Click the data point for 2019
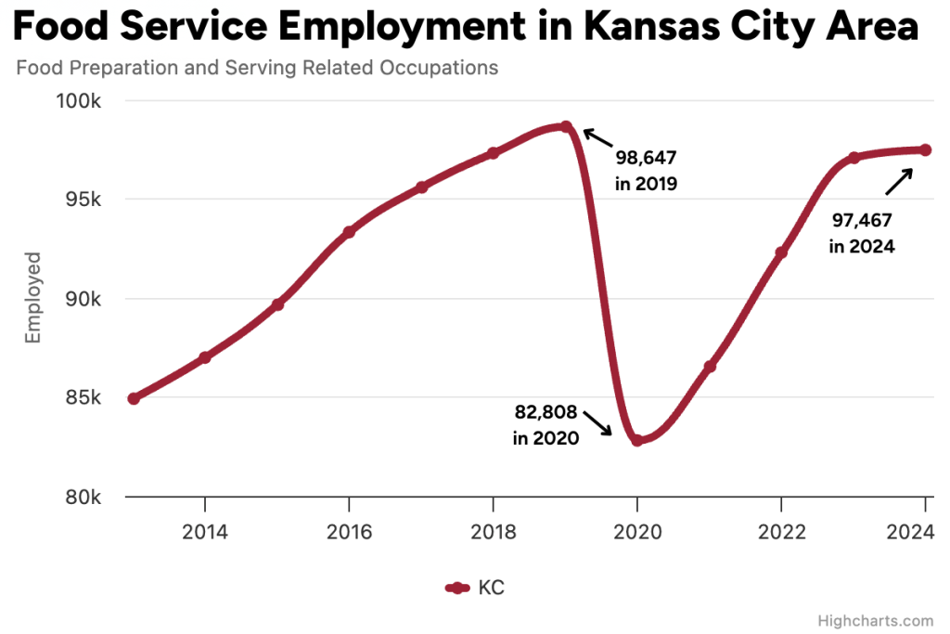click(565, 127)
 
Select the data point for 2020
click(637, 440)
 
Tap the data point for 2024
click(925, 150)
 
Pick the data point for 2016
click(349, 232)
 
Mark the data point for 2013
click(134, 398)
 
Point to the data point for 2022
click(781, 252)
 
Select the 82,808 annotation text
click(546, 412)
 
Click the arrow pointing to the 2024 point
click(898, 180)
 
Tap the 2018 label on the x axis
click(493, 532)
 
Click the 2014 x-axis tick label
click(204, 532)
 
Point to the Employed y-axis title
click(33, 298)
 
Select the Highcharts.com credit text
click(876, 620)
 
